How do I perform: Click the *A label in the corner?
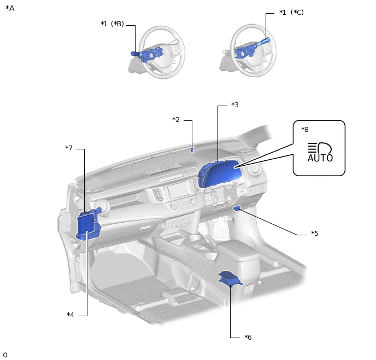[10, 8]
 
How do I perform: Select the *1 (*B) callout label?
[112, 24]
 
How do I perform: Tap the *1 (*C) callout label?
[291, 12]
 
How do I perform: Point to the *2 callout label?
[176, 119]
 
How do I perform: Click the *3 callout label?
[235, 105]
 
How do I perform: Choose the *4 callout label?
[70, 315]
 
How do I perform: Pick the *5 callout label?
[315, 233]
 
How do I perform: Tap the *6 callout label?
[248, 337]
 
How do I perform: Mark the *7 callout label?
[69, 148]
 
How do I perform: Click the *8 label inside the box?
[305, 129]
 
